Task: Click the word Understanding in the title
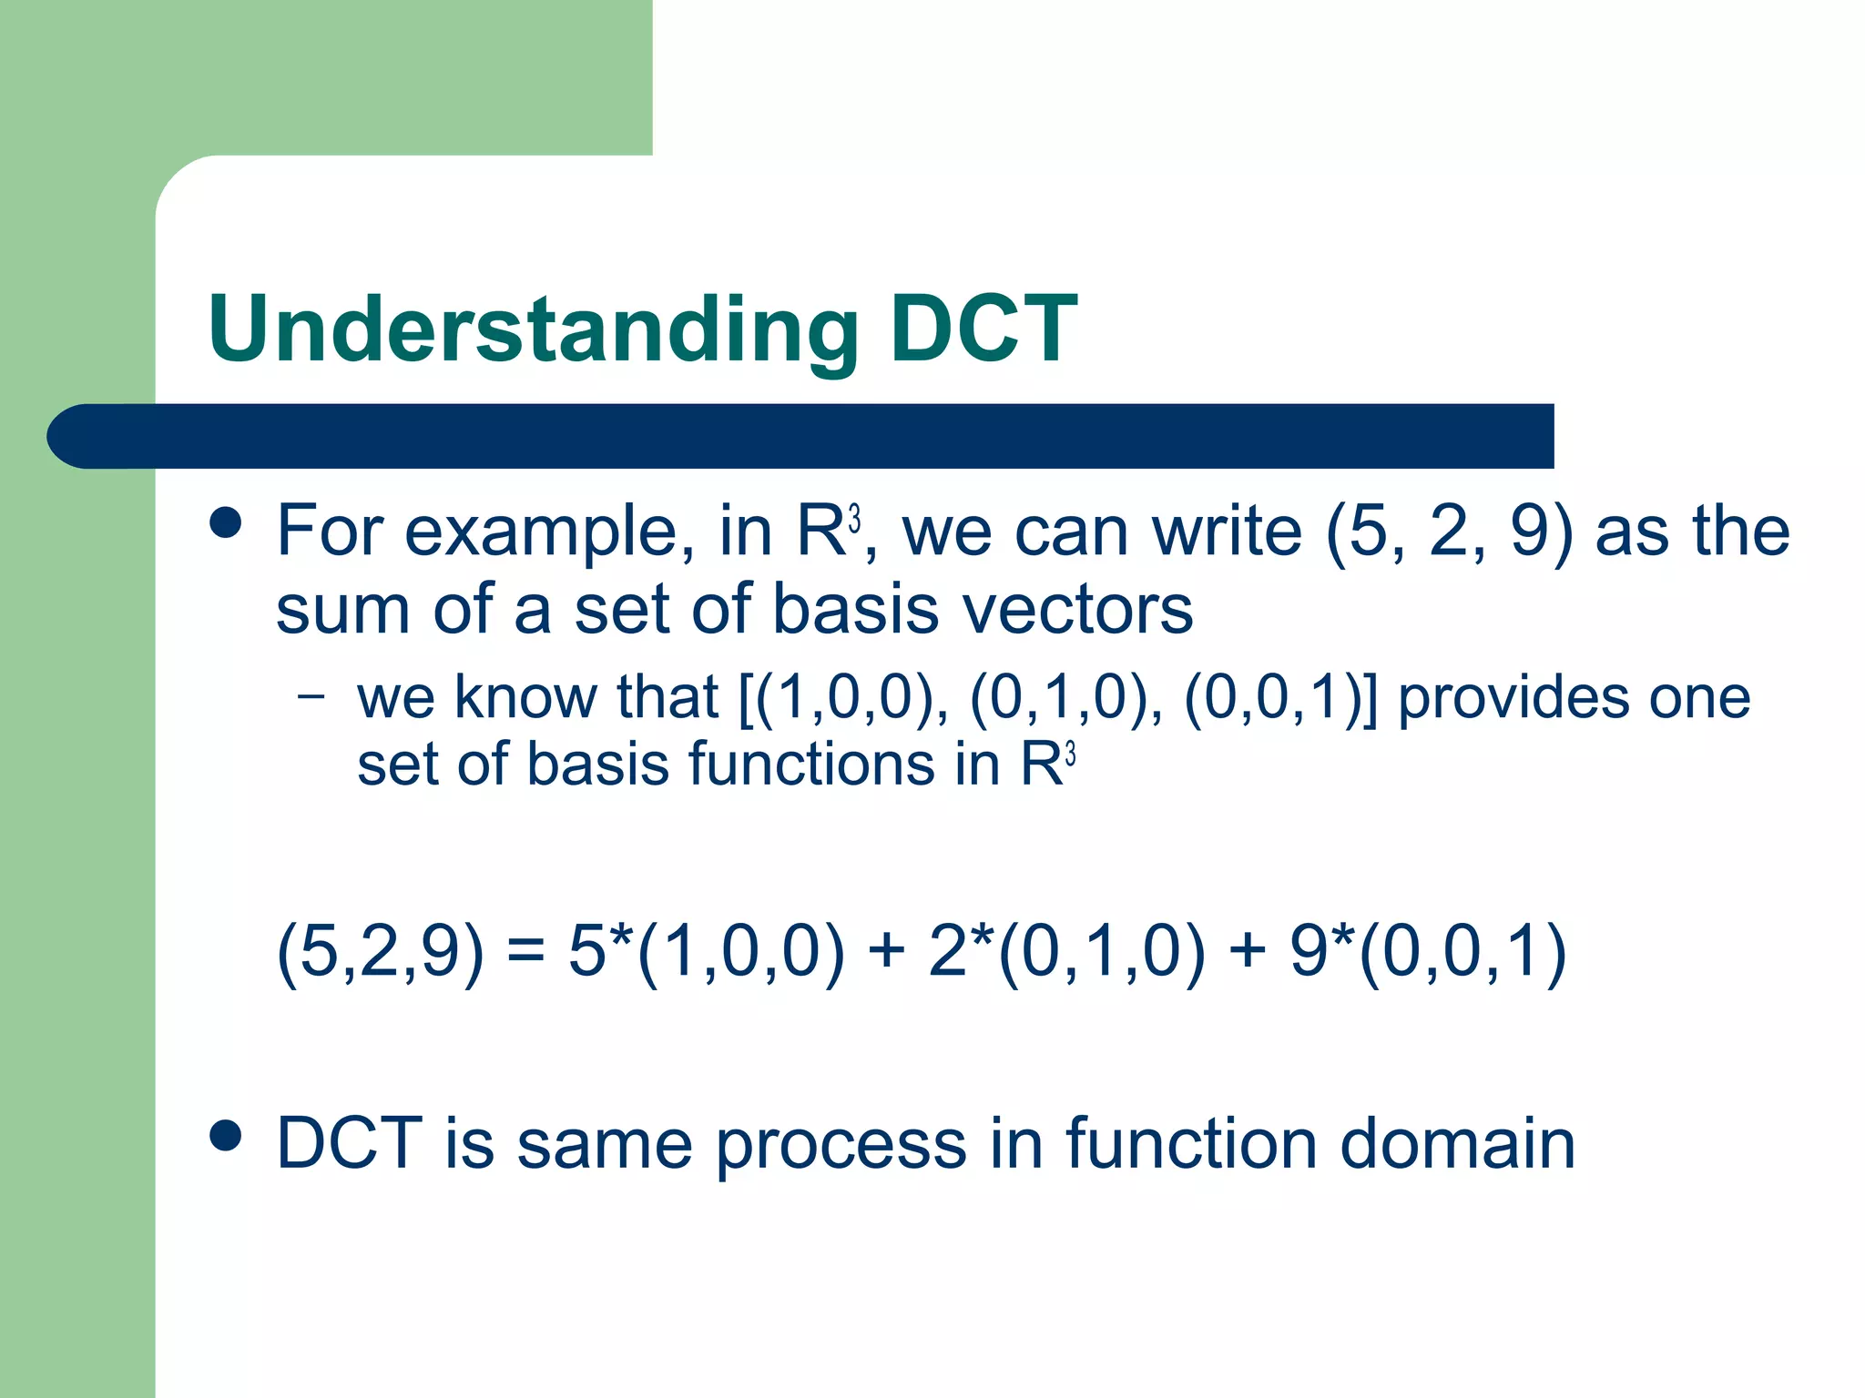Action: [x=533, y=329]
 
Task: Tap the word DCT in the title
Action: [x=983, y=329]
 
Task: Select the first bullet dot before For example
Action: [x=225, y=523]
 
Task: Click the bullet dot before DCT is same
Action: [x=225, y=1135]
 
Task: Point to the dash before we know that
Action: [x=311, y=697]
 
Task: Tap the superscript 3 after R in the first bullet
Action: [x=854, y=520]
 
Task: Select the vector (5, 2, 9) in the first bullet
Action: [x=1450, y=532]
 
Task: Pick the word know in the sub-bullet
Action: [x=525, y=697]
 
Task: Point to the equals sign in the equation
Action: [x=525, y=952]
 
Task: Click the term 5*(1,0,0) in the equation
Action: [x=707, y=952]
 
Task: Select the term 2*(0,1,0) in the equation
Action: [x=1066, y=952]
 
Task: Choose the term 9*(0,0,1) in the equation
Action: [x=1427, y=952]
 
